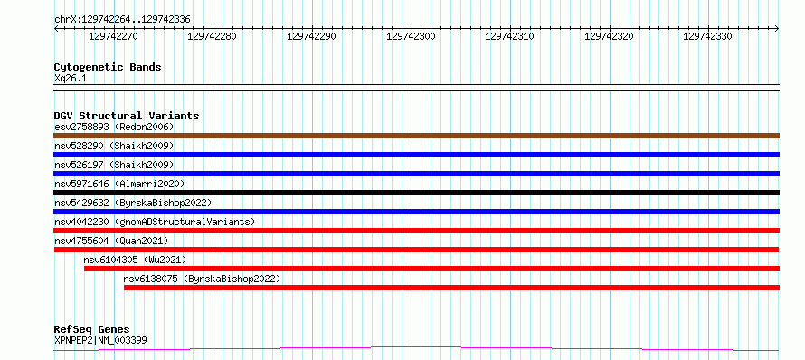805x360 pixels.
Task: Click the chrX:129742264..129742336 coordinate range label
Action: [122, 20]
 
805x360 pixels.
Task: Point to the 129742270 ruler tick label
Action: [113, 36]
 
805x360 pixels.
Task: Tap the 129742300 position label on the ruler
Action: [411, 36]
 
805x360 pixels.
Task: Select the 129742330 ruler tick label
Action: [707, 36]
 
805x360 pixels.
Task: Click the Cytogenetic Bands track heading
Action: [108, 67]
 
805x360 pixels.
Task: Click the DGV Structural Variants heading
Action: [127, 116]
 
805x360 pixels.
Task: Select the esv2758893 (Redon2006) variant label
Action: [114, 127]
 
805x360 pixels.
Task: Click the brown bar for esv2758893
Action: [416, 136]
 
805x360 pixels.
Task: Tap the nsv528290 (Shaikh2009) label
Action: [114, 146]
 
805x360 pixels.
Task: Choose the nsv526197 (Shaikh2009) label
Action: [114, 165]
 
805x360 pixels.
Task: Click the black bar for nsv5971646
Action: [416, 193]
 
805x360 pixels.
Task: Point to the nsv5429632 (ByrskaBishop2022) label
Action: [133, 203]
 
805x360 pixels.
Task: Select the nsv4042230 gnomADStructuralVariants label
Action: [155, 222]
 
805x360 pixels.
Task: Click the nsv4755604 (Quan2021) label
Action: [111, 241]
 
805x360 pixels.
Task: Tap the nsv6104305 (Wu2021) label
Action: [135, 260]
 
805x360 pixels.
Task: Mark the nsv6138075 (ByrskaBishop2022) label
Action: [203, 279]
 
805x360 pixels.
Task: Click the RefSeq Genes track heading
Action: [92, 330]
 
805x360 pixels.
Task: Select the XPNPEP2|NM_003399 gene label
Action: [100, 340]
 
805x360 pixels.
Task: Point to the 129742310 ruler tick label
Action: [509, 36]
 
